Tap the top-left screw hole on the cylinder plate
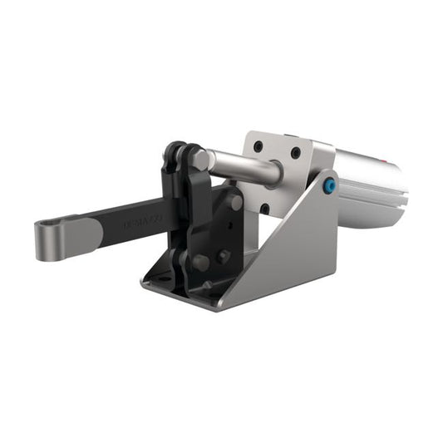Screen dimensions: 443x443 (x=259, y=146)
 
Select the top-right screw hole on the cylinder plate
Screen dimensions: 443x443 (x=296, y=154)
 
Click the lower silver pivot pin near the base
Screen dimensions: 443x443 (x=200, y=262)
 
